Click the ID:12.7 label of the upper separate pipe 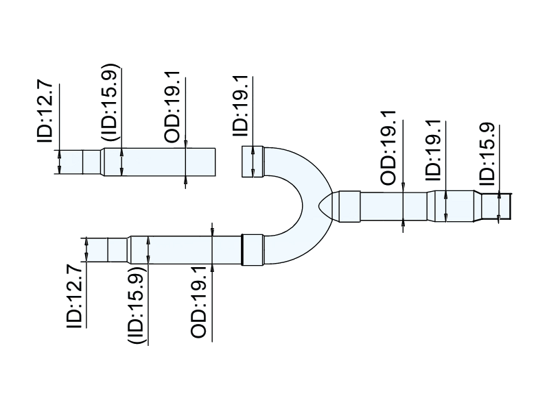(45, 114)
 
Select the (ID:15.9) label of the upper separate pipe (110, 103)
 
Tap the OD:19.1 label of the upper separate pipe (174, 106)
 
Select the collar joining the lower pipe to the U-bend (253, 249)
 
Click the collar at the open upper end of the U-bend (252, 162)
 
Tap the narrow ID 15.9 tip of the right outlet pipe (495, 206)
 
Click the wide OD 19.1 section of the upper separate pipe (168, 162)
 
